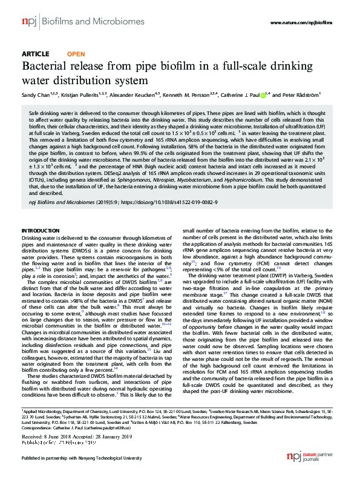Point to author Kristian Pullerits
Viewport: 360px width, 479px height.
(78, 96)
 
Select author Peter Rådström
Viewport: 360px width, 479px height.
(309, 96)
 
